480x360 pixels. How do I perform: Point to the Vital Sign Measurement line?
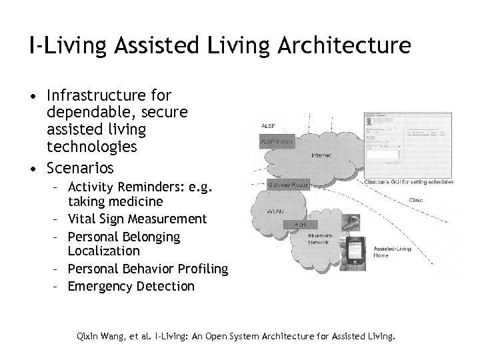point(137,219)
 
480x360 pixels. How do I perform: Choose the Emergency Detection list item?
point(131,287)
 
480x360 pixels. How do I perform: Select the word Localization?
point(104,251)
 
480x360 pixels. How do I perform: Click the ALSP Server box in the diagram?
point(275,142)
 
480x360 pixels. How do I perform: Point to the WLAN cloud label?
point(275,211)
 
